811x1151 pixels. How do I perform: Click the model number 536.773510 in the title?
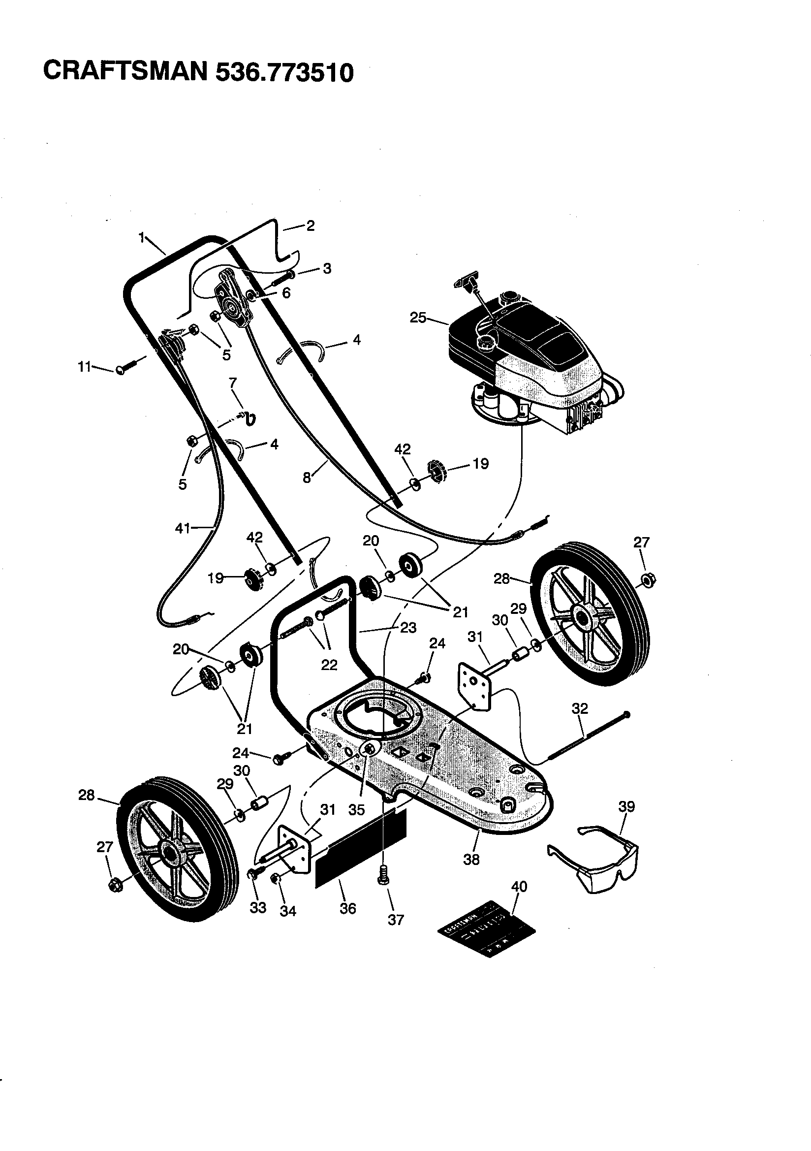[284, 72]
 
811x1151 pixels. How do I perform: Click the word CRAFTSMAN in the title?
[125, 71]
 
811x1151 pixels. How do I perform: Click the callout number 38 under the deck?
[471, 859]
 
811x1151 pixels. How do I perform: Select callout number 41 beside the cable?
[183, 527]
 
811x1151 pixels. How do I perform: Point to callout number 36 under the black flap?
[347, 908]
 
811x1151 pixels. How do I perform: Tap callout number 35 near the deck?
[357, 810]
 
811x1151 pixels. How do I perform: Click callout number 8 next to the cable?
[307, 478]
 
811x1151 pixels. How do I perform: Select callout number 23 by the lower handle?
[408, 628]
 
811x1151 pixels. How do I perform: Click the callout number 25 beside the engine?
[418, 318]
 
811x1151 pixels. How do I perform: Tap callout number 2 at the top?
[310, 225]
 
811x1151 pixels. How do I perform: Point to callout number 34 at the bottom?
[288, 911]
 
